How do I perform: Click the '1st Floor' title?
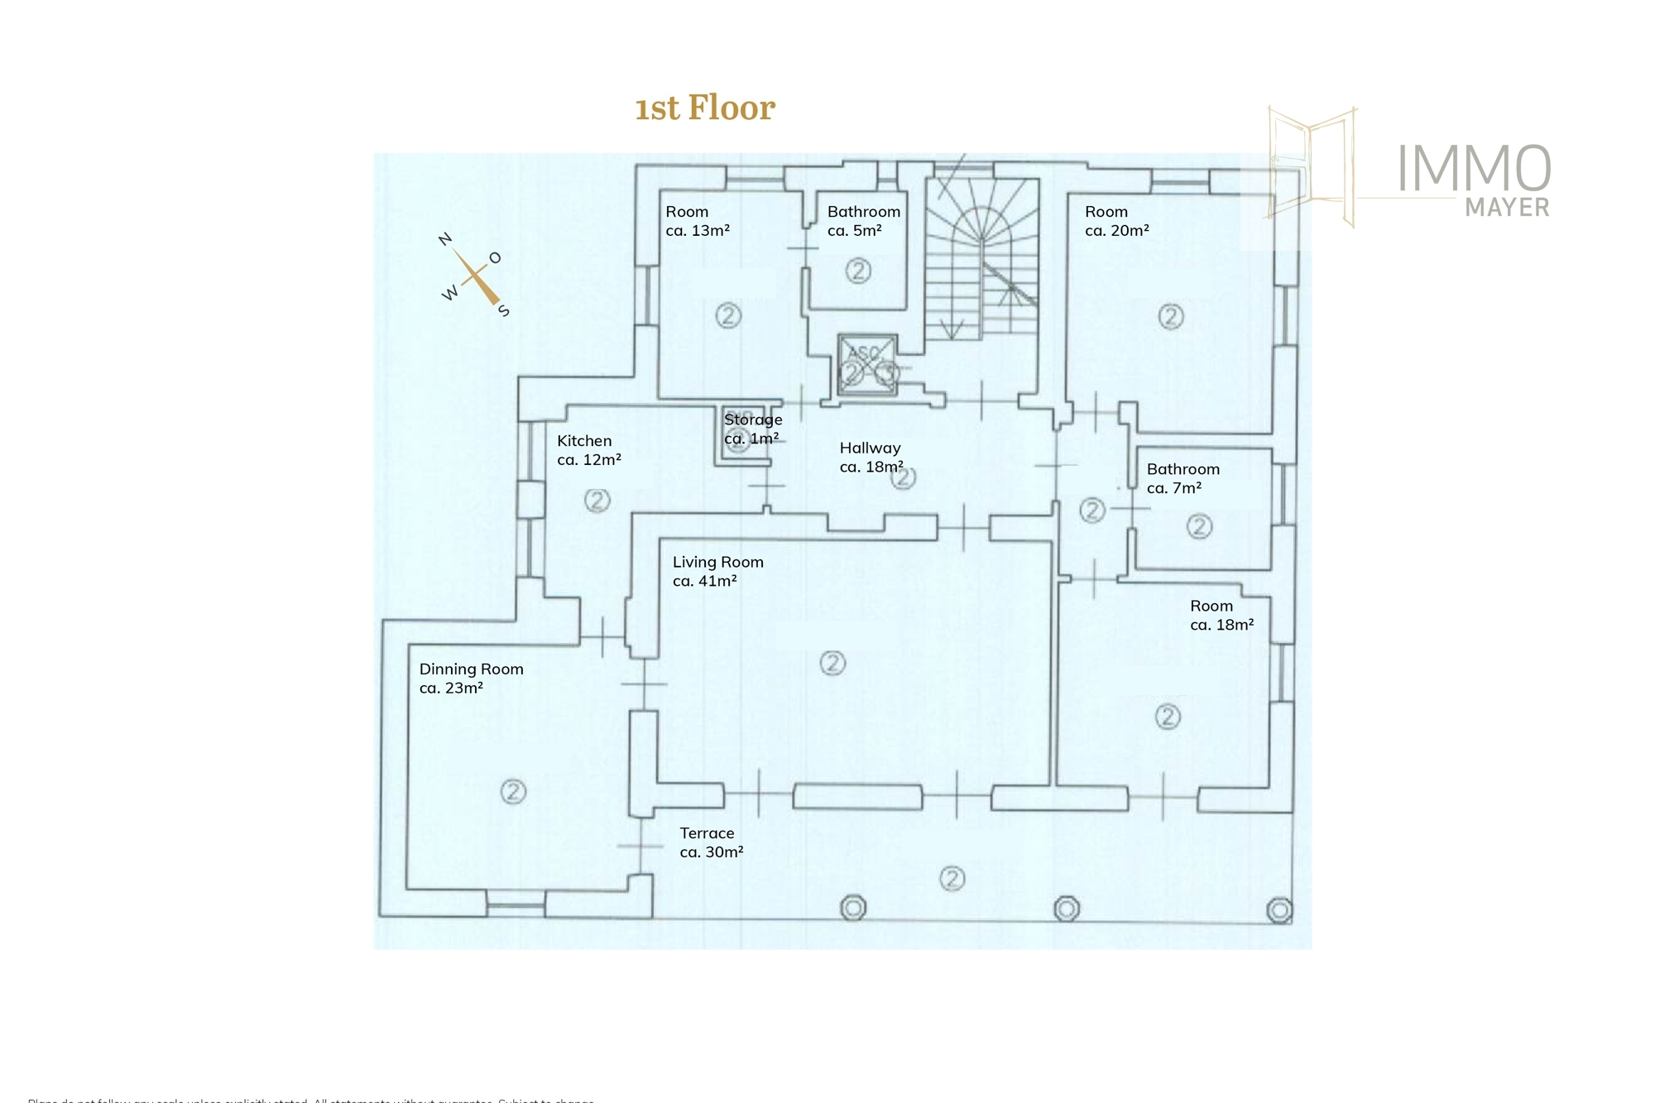point(704,108)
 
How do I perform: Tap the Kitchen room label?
point(588,450)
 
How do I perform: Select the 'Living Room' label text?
point(717,571)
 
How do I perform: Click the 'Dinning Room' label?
point(471,678)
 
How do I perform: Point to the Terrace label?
point(711,842)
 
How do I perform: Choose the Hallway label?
point(871,457)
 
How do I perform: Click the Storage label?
point(752,429)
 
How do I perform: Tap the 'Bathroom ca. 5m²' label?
point(863,221)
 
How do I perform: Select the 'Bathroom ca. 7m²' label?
point(1182,478)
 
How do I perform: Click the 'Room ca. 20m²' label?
point(1116,221)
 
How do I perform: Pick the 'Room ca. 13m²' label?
point(697,221)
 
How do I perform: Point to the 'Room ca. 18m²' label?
point(1221,615)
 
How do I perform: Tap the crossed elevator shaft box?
point(866,365)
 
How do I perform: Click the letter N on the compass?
point(445,239)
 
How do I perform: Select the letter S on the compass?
point(503,311)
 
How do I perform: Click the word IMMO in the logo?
point(1474,169)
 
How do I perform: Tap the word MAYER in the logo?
point(1507,207)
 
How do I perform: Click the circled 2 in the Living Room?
point(832,663)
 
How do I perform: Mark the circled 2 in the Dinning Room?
point(513,792)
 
